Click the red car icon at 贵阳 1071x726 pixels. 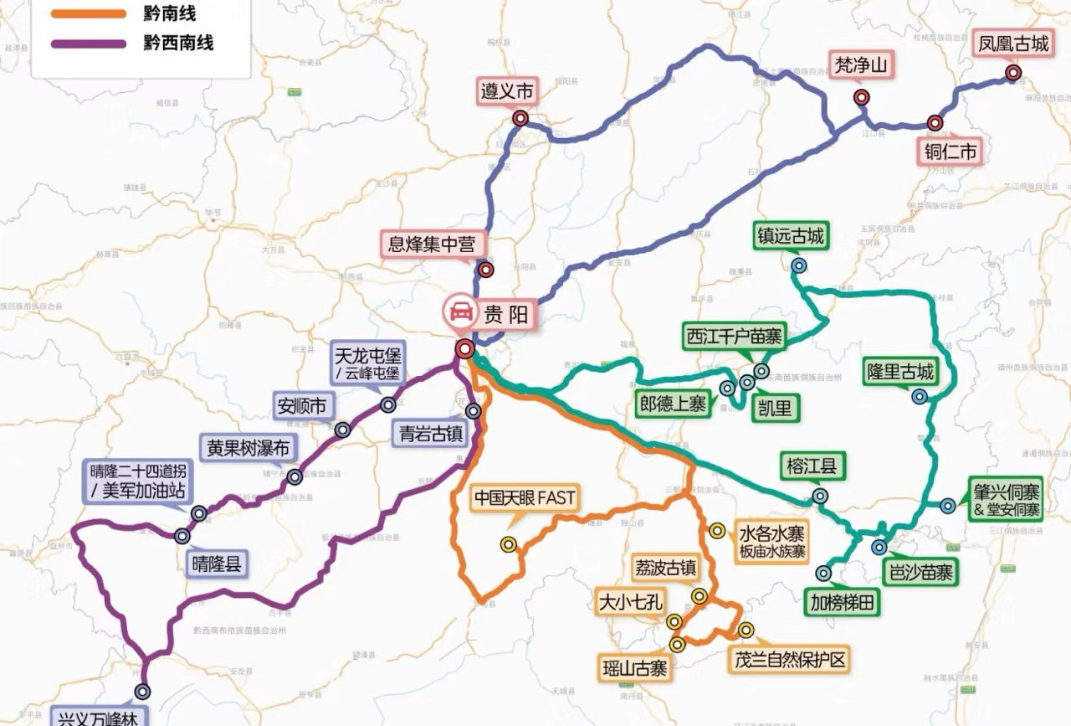[460, 313]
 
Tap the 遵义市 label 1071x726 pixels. [507, 90]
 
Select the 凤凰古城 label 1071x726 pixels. [1013, 44]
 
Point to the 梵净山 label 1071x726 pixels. [862, 64]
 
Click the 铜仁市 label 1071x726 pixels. [950, 152]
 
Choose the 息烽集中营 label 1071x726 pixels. [432, 244]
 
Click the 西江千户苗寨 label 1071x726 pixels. [735, 337]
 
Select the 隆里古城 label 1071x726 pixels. [900, 370]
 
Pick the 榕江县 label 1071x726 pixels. [812, 465]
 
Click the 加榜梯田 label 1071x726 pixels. [842, 602]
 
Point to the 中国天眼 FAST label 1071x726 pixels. [525, 498]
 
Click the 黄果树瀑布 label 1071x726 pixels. [249, 448]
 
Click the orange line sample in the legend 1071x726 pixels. [88, 14]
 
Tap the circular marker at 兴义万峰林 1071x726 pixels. [143, 692]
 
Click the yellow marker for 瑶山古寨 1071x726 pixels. [677, 644]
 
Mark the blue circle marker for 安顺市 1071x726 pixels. [342, 430]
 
